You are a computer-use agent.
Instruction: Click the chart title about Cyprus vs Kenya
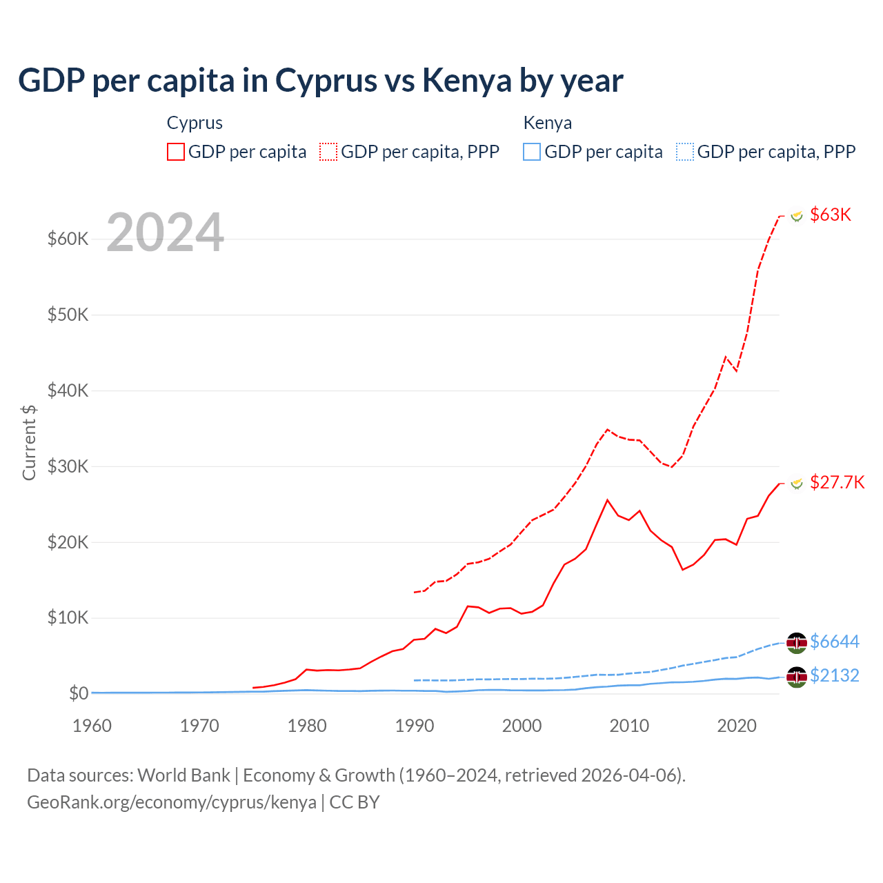pos(320,81)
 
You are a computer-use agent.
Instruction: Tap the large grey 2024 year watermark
pos(166,232)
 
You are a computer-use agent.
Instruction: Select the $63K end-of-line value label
pos(831,215)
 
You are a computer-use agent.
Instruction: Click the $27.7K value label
pos(837,482)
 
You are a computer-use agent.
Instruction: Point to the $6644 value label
pos(835,642)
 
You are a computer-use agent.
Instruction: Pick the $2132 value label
pos(835,675)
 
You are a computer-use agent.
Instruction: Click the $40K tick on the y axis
pos(68,390)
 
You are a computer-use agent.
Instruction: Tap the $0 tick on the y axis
pos(79,693)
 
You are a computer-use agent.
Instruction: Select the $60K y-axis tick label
pos(68,239)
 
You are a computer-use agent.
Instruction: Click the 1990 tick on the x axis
pos(415,726)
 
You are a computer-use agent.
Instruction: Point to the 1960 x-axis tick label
pos(92,726)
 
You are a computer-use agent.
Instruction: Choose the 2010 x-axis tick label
pos(629,726)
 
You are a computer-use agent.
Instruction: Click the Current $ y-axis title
pos(29,442)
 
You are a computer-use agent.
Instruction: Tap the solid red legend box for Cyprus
pos(176,152)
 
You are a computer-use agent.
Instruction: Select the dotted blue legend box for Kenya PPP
pos(685,152)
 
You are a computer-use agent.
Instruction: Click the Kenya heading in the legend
pos(547,123)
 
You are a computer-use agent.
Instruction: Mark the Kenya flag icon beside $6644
pos(797,642)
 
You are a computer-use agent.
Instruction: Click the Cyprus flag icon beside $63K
pos(797,216)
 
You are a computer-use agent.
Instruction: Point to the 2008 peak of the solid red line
pos(607,500)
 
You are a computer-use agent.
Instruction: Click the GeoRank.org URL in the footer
pos(171,802)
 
